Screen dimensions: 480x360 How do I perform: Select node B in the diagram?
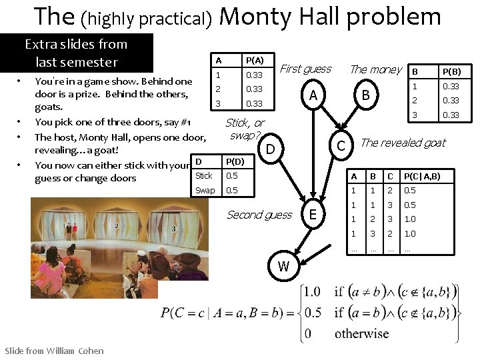tap(365, 96)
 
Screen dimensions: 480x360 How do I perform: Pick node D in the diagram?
tap(271, 148)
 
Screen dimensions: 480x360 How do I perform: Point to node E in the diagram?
tap(313, 214)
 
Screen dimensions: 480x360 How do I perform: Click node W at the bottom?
tap(283, 267)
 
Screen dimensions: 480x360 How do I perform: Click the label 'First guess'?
tap(305, 69)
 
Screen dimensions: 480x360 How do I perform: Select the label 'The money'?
tap(375, 69)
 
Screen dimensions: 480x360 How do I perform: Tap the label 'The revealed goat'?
tap(403, 143)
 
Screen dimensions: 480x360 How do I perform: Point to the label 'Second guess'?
tap(259, 214)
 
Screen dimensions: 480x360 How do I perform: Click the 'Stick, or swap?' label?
tap(244, 129)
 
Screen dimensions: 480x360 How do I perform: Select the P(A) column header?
tap(254, 60)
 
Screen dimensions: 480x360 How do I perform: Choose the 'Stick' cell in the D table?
tap(204, 176)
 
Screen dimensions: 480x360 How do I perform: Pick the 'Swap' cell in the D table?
tap(205, 191)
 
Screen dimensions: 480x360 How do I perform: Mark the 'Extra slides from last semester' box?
tap(76, 53)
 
